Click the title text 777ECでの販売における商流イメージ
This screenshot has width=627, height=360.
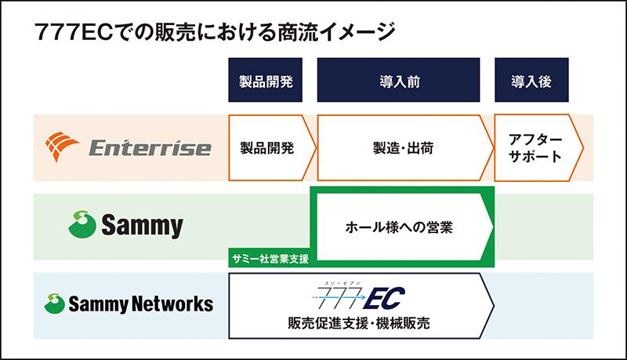coord(210,33)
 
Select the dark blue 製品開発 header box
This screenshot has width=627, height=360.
coord(265,81)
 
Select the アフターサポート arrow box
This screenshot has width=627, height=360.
coord(536,147)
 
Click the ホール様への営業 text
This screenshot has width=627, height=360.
coord(400,227)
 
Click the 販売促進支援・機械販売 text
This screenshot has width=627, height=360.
coord(358,323)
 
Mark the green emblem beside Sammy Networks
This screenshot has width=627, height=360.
coord(54,303)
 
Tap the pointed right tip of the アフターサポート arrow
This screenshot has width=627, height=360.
coord(582,147)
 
